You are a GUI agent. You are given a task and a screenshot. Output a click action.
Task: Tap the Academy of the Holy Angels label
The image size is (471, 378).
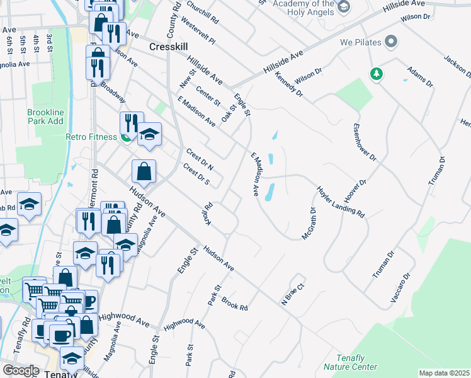(303, 6)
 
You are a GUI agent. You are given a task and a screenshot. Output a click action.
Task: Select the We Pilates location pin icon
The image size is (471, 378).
(391, 43)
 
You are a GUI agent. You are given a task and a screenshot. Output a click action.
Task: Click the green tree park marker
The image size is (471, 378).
(377, 74)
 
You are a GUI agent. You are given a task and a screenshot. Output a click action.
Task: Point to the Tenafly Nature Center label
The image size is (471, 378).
(350, 362)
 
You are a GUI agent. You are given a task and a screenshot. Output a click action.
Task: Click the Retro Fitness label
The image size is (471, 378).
(91, 137)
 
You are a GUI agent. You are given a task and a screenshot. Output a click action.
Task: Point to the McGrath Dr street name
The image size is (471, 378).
(309, 222)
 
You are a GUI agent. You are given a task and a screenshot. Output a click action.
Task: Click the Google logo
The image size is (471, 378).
(21, 370)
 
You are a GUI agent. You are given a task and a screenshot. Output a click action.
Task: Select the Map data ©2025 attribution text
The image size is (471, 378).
(444, 373)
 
